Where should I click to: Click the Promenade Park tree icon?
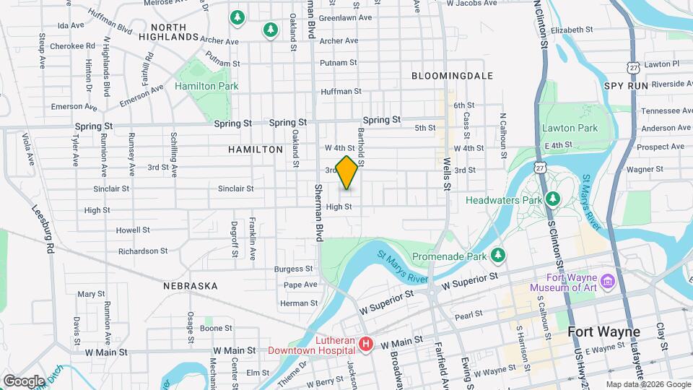click(497, 255)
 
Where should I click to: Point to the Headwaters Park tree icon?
click(553, 198)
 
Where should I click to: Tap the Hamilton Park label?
click(206, 86)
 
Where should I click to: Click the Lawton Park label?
click(570, 128)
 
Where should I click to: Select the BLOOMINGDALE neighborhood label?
click(452, 75)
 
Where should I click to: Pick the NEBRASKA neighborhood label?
click(191, 286)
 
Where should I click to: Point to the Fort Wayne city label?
click(604, 332)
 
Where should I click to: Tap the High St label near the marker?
click(339, 207)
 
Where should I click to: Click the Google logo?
click(23, 381)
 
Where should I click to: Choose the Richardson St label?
click(143, 251)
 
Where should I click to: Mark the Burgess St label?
click(294, 269)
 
